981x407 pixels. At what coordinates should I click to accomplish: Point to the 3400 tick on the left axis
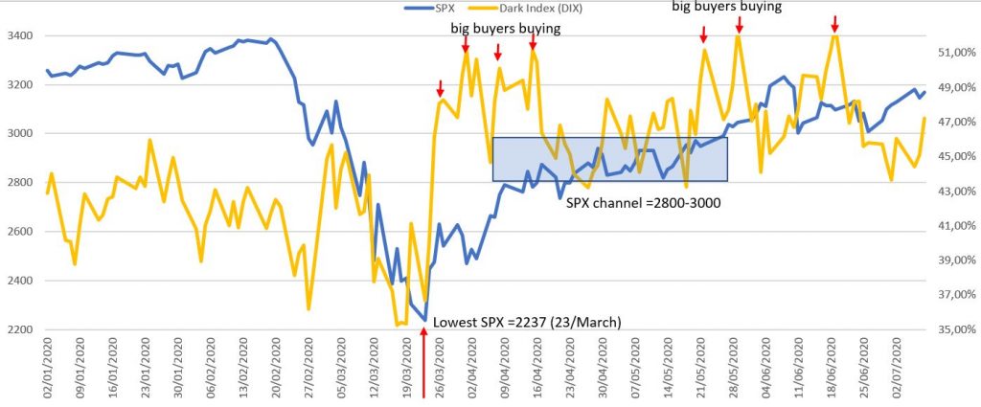pyautogui.click(x=19, y=36)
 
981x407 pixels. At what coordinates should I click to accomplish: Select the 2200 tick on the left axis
pyautogui.click(x=19, y=330)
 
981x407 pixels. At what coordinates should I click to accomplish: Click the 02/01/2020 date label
pyautogui.click(x=47, y=369)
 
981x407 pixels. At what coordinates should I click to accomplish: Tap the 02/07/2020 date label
pyautogui.click(x=898, y=369)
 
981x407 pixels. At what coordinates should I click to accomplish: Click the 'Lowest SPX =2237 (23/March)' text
pyautogui.click(x=528, y=323)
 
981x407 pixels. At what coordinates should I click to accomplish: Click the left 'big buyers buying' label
pyautogui.click(x=505, y=29)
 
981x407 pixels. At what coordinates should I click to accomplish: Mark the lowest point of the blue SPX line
pyautogui.click(x=424, y=320)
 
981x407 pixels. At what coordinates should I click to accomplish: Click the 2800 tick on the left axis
pyautogui.click(x=19, y=183)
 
